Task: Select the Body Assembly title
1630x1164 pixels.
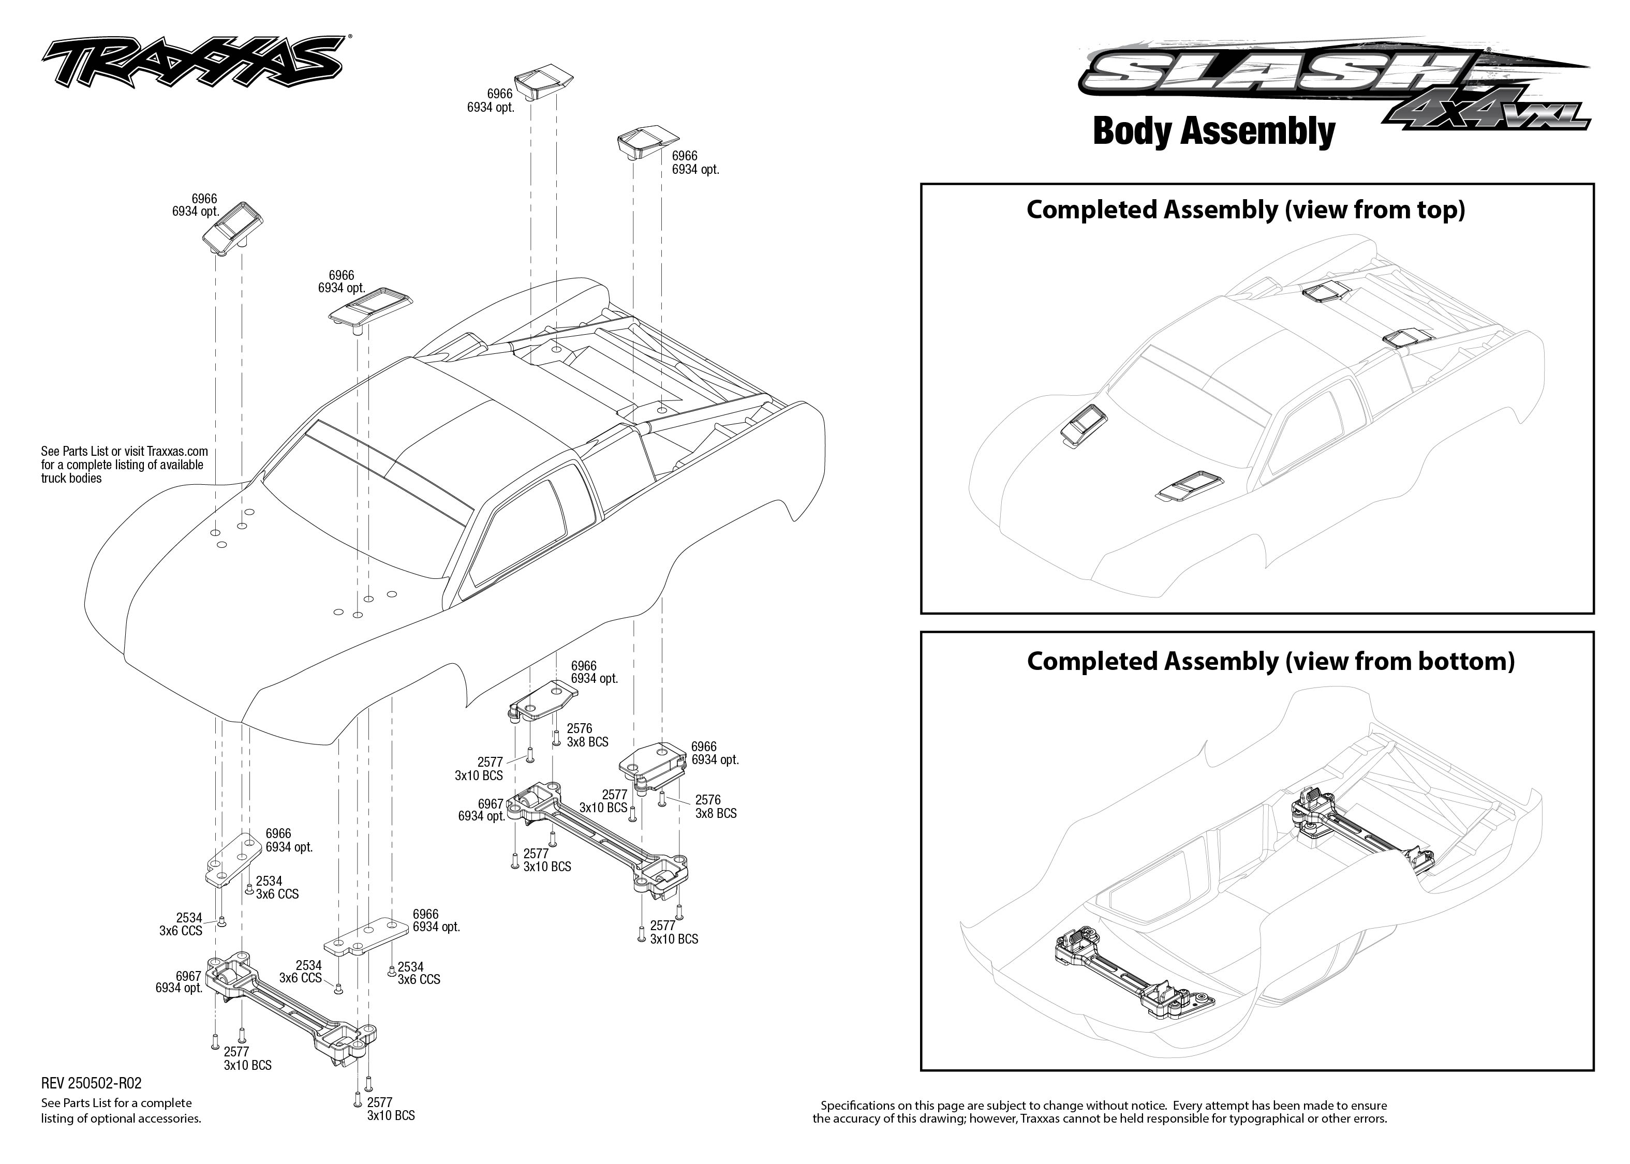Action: coord(1213,132)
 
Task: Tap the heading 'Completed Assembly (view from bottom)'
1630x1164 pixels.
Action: coord(1270,661)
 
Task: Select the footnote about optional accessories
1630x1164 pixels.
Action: coord(121,1110)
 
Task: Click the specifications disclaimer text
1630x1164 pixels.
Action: coord(1100,1112)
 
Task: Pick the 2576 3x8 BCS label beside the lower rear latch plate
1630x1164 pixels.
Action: coord(715,807)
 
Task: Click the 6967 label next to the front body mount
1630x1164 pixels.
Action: coord(179,982)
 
